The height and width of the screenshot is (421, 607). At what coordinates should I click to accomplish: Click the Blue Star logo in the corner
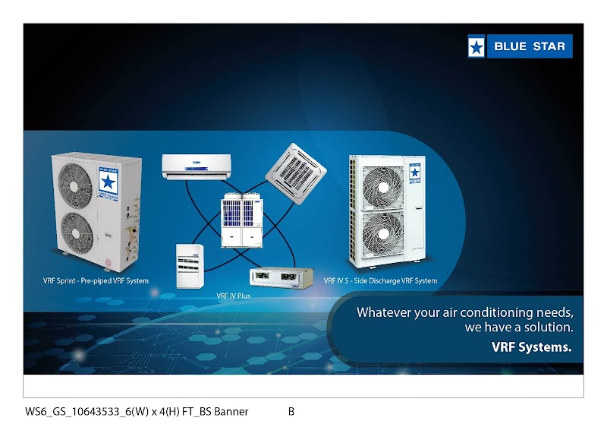pos(520,46)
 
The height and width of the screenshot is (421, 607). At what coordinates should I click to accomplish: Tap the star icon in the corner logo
pos(476,47)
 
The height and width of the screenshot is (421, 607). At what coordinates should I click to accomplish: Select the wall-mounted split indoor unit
pos(196,166)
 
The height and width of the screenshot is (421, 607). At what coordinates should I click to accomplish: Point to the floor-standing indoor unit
pos(189,265)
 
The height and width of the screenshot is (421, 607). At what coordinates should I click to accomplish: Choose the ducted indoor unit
pos(281,279)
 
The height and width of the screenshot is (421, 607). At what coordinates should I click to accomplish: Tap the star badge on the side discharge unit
pos(414,171)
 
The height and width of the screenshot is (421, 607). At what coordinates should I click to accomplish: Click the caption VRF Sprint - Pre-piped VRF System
pos(96,280)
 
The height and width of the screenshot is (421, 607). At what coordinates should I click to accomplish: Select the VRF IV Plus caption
pos(234,296)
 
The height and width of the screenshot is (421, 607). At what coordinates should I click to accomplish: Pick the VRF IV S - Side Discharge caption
pos(380,280)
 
